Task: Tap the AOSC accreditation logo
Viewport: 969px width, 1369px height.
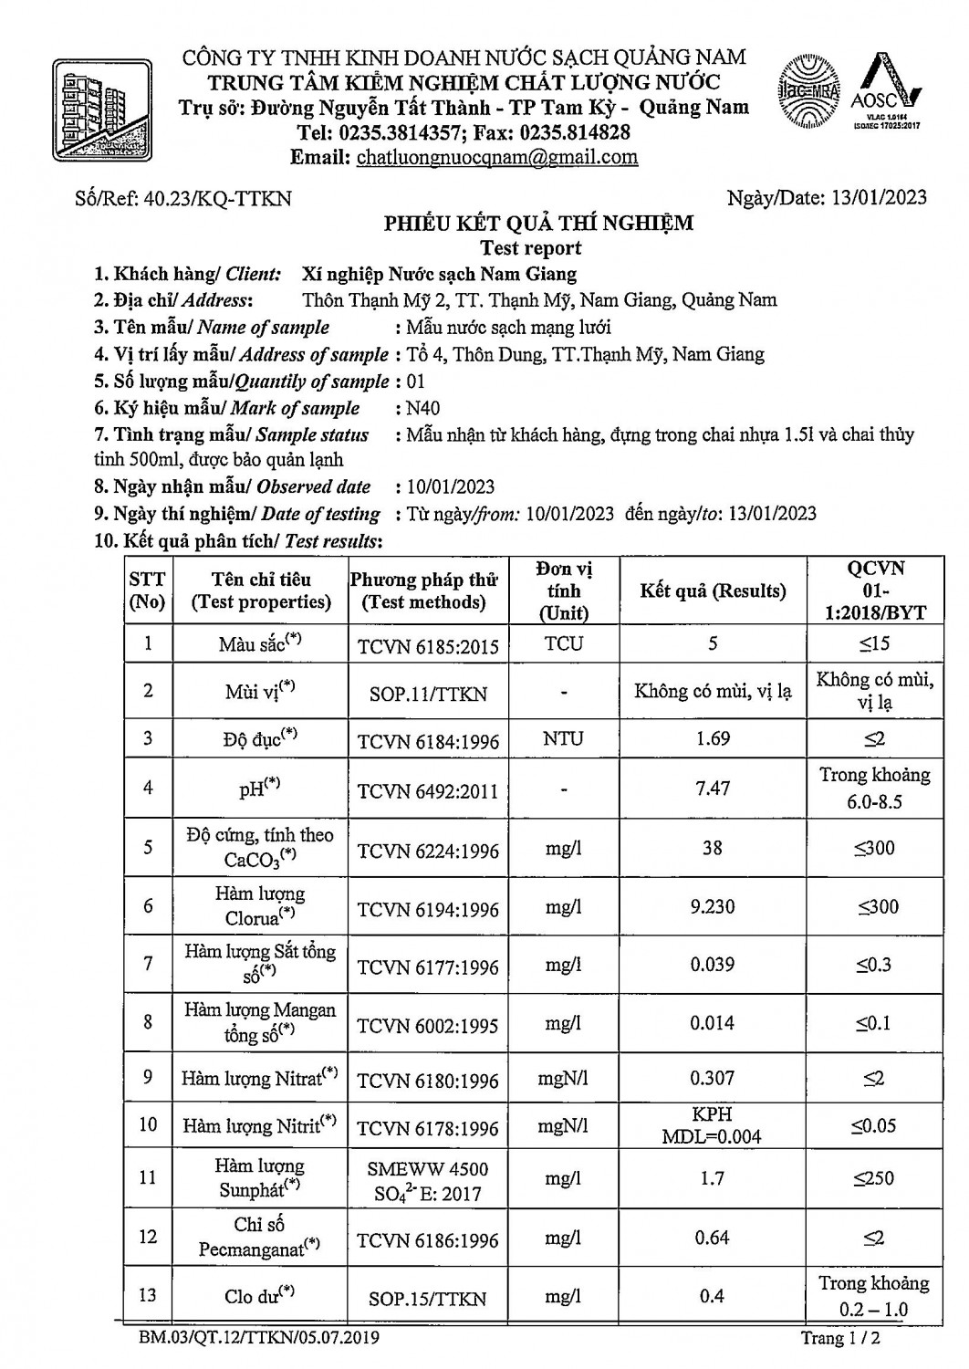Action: click(885, 90)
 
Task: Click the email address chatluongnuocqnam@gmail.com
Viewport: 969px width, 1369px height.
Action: click(496, 157)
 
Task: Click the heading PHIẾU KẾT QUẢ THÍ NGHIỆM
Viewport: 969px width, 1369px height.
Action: click(538, 223)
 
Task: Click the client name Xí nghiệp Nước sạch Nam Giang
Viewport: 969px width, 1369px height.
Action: click(439, 274)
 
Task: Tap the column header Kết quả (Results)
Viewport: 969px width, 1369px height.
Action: click(713, 590)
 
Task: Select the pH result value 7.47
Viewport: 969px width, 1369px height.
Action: click(713, 788)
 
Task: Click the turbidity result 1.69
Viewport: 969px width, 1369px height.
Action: click(713, 738)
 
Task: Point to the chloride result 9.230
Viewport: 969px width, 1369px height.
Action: click(713, 907)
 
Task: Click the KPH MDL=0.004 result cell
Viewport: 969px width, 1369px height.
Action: click(713, 1125)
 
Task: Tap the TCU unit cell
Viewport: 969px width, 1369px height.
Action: click(563, 643)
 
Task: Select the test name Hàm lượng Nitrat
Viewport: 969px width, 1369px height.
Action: click(259, 1079)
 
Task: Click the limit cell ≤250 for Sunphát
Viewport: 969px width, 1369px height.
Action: click(873, 1178)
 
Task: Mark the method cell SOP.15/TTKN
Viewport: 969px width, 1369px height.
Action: click(428, 1299)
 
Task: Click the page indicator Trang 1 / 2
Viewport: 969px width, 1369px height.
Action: click(840, 1339)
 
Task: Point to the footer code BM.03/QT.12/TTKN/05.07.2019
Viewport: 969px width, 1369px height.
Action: click(259, 1339)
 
